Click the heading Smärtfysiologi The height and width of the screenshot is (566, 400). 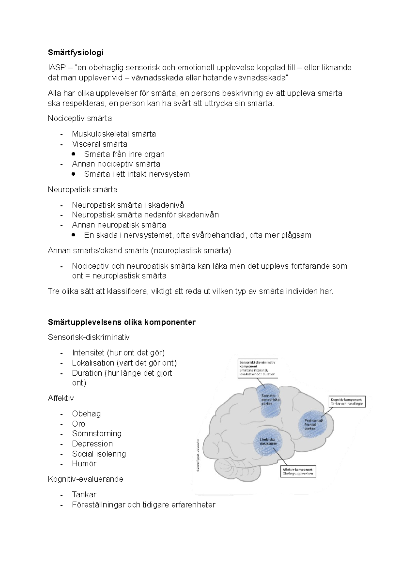coord(76,52)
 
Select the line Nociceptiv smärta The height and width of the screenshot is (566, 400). coord(80,118)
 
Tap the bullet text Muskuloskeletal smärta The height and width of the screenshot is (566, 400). coord(114,134)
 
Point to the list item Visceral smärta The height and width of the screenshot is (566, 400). coord(99,144)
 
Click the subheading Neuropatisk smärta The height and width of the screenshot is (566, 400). coord(82,189)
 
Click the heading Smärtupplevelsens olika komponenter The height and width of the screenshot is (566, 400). coord(122,322)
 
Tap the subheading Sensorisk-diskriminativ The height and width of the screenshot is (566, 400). coord(89,337)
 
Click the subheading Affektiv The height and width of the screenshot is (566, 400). coord(61,398)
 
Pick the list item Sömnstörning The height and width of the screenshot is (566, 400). coord(97,433)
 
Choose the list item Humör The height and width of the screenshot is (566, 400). coord(84,463)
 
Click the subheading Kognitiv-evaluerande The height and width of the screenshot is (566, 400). coord(85,479)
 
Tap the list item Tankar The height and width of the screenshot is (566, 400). coord(84,494)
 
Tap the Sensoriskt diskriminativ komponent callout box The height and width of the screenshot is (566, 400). coord(259,368)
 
